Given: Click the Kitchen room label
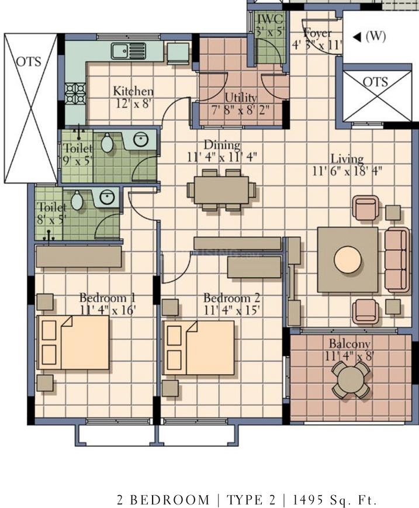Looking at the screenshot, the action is (133, 91).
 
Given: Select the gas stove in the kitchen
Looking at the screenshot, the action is (75, 94).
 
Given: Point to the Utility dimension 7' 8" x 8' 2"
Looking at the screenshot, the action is (241, 110).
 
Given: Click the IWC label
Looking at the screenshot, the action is (271, 19).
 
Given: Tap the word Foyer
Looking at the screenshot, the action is (318, 33).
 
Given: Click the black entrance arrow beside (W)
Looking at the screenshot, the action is (357, 37).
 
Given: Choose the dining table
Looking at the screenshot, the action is (221, 190).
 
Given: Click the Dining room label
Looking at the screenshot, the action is (222, 145).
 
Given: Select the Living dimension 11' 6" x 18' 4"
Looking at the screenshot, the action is (347, 171).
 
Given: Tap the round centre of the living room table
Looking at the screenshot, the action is (348, 260).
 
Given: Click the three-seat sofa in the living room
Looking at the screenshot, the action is (397, 260).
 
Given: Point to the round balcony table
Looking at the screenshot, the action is (351, 379).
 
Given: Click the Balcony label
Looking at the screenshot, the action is (349, 343).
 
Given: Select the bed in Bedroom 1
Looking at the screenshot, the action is (73, 342).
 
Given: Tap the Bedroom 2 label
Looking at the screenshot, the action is (231, 298).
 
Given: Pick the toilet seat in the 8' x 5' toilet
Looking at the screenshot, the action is (77, 201).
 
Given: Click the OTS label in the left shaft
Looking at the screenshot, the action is (29, 61).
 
